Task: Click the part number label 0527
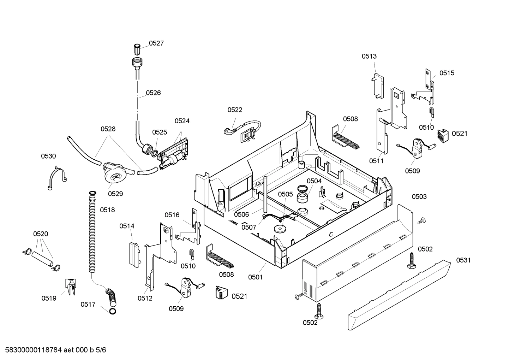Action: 156,43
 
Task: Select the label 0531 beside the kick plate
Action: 463,260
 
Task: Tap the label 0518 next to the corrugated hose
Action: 107,210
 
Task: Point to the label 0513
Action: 369,56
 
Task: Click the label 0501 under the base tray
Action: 255,277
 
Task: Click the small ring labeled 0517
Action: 112,311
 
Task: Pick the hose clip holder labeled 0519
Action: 70,286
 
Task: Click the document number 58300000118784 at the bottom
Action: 34,350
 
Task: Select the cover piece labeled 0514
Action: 134,253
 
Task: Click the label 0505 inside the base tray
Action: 285,194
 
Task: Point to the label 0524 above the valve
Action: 182,121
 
